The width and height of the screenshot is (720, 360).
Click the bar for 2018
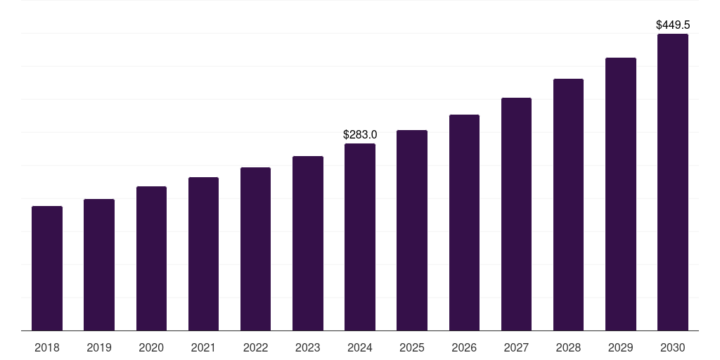pos(47,269)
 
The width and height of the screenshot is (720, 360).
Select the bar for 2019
pos(99,265)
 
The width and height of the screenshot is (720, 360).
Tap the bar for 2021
pos(203,254)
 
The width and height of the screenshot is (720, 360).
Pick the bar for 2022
pos(255,249)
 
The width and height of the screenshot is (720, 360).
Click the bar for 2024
pos(360,237)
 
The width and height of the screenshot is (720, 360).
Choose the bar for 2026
pos(464,223)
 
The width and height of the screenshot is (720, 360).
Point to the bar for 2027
pos(516,214)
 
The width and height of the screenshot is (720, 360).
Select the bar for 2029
pos(620,194)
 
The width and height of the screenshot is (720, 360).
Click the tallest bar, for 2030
pos(673,182)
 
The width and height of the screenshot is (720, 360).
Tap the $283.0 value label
pos(360,134)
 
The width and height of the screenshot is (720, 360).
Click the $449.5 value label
pos(673,25)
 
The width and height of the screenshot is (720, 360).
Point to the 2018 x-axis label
pos(47,347)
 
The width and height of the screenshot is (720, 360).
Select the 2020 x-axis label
pos(151,347)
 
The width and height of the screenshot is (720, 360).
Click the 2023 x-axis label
pos(308,347)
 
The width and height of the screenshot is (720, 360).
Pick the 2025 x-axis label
pos(412,347)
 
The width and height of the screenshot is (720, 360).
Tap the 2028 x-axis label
pos(568,347)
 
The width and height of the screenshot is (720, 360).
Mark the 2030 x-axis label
pos(673,347)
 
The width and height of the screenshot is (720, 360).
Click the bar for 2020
pos(151,259)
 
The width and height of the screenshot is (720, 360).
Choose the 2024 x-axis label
pos(360,347)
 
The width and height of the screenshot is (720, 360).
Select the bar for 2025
pos(412,231)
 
